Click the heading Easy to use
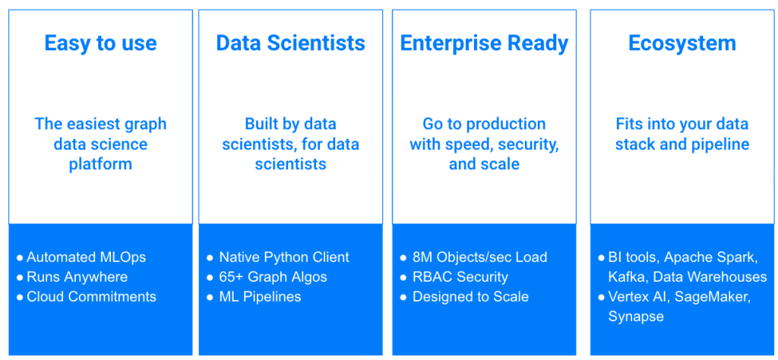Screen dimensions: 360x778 [100, 43]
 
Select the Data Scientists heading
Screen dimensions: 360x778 [290, 43]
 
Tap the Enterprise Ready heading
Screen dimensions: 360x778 [484, 43]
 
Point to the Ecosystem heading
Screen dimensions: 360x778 [682, 43]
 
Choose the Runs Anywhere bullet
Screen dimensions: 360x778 [77, 277]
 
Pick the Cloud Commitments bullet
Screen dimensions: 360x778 [91, 297]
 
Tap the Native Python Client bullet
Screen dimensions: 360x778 [283, 257]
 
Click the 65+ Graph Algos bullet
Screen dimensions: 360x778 [273, 277]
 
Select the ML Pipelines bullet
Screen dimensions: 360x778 [260, 297]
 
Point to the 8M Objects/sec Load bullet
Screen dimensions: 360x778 [479, 257]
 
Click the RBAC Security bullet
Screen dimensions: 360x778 [460, 277]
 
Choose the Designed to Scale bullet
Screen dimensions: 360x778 [470, 297]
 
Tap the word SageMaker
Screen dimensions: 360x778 [714, 297]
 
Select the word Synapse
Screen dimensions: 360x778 [636, 317]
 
